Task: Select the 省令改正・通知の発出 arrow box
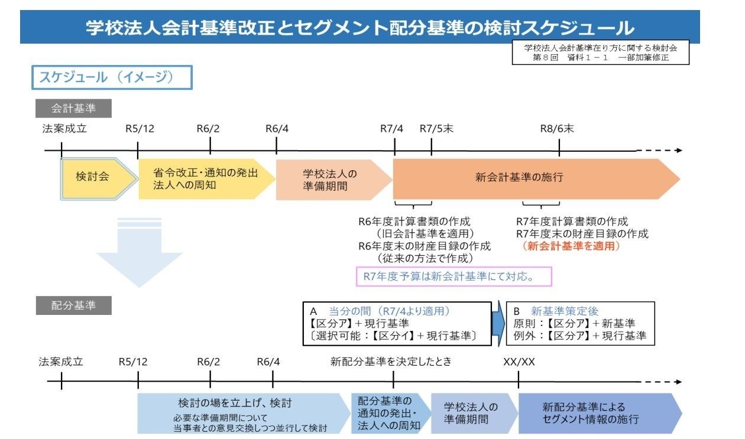204,178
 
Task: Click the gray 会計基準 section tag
73,109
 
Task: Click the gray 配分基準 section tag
73,305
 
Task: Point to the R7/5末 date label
436,129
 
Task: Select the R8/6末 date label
557,129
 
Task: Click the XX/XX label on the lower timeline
519,362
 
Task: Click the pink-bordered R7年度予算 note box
454,276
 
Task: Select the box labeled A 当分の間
397,323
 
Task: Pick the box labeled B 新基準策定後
579,323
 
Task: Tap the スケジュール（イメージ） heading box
112,77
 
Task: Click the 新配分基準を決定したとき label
391,362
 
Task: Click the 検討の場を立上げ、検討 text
235,404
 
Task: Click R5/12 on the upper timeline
140,129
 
